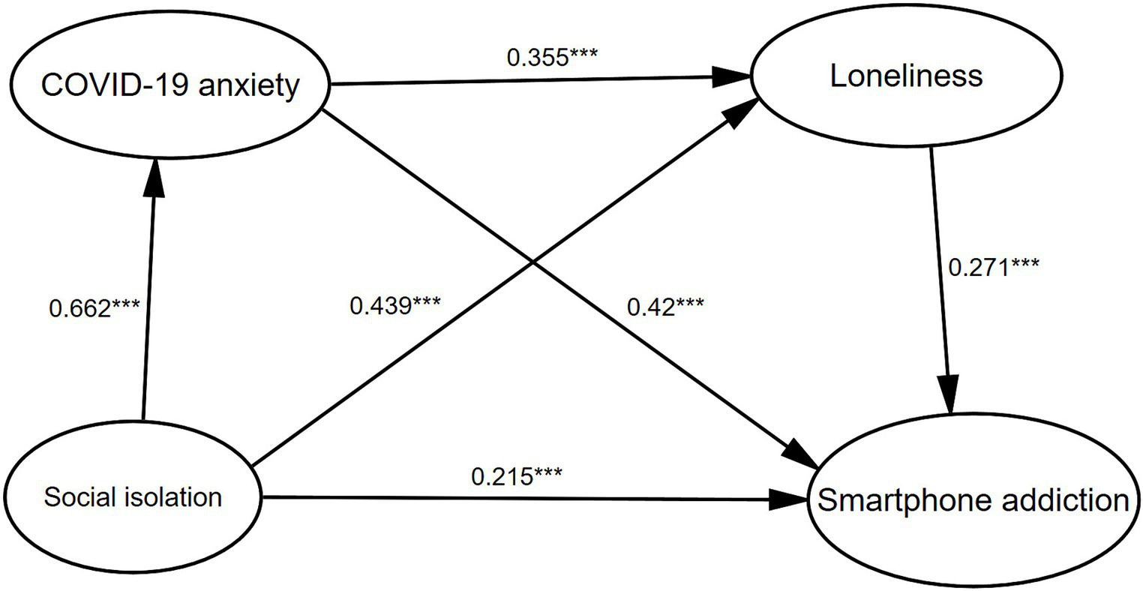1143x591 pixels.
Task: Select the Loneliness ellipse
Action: pyautogui.click(x=906, y=76)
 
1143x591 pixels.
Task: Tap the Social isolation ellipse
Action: pyautogui.click(x=133, y=496)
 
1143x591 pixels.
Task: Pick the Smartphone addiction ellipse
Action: pyautogui.click(x=973, y=499)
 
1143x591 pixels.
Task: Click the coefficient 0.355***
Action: pyautogui.click(x=551, y=58)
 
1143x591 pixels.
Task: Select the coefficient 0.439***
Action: pyautogui.click(x=394, y=305)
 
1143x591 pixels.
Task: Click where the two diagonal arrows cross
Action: pyautogui.click(x=534, y=262)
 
